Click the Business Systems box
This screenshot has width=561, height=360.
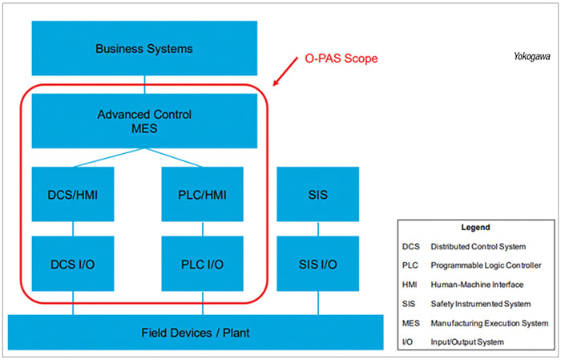click(144, 48)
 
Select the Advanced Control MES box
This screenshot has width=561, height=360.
click(144, 120)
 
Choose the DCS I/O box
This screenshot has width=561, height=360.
click(73, 264)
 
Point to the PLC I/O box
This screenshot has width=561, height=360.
click(203, 264)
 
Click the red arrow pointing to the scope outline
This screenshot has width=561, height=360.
click(285, 75)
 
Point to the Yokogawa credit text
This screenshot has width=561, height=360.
click(531, 57)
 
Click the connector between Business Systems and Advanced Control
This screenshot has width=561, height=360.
click(144, 84)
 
